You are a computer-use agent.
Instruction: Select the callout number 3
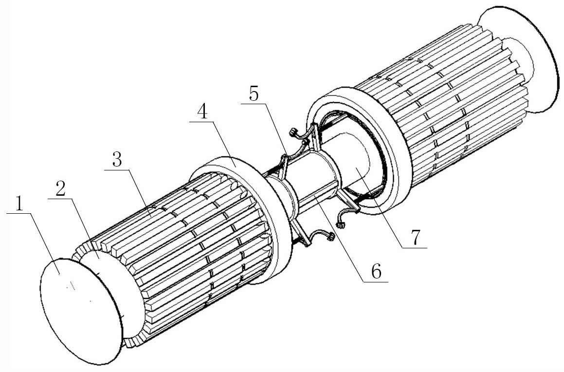tap(117, 159)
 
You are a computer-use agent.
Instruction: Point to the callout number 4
tap(202, 112)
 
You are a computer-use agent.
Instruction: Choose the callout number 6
tap(376, 272)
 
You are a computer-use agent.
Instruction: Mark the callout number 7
tap(415, 238)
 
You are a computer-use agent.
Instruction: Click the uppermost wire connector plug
tap(293, 133)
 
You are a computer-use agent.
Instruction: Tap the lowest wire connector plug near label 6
tap(330, 236)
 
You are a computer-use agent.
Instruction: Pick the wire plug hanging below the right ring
tap(340, 225)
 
